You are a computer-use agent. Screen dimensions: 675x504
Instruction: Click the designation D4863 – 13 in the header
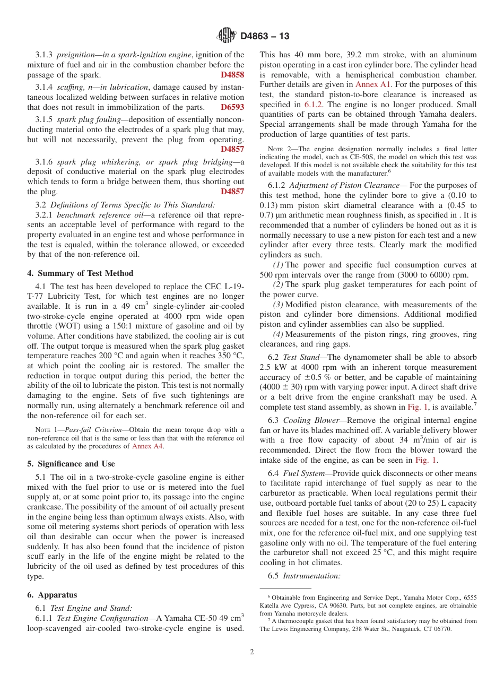coord(265,36)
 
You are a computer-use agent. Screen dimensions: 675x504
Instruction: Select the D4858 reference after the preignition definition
coord(232,75)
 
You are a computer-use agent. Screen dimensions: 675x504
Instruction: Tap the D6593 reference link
coord(232,107)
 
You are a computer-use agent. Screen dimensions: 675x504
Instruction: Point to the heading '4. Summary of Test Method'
coord(80,273)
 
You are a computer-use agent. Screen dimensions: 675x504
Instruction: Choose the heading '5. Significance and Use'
coord(71,463)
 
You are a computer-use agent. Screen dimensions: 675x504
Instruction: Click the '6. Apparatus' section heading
coord(52,595)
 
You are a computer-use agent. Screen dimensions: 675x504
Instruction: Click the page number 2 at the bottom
coord(251,652)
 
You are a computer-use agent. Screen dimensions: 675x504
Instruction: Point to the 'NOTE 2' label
coord(279,150)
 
